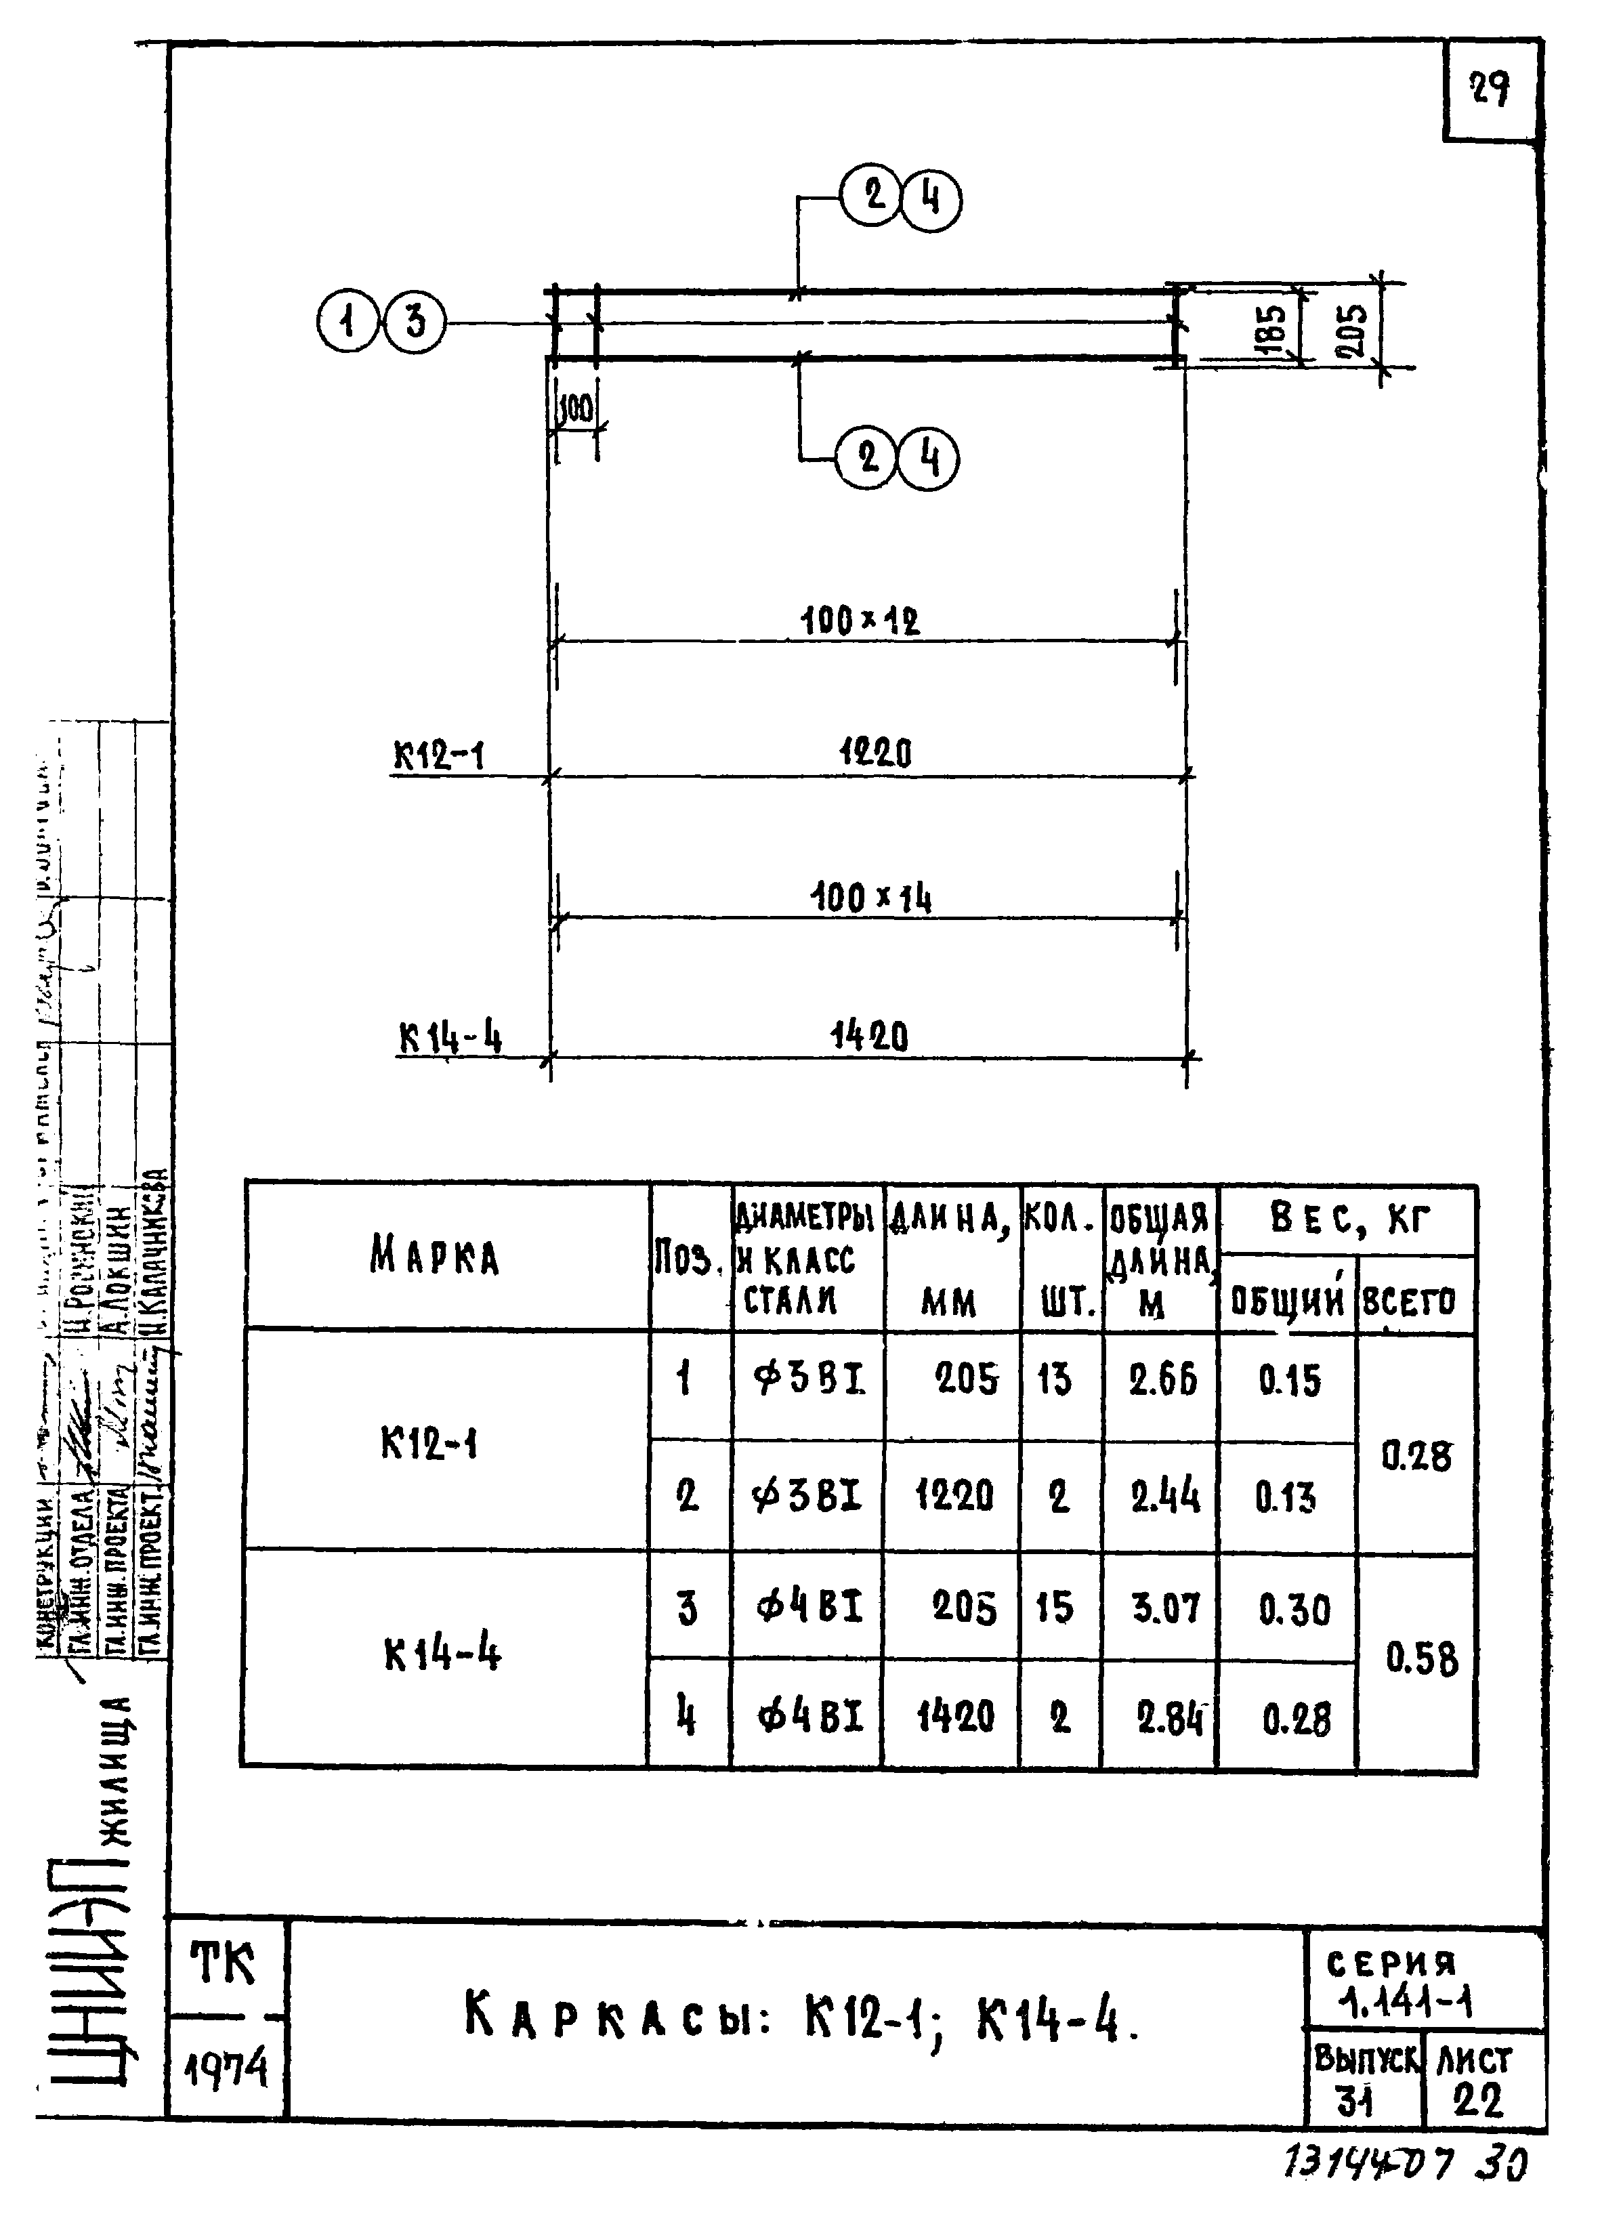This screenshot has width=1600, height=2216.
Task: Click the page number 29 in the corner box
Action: pos(1490,90)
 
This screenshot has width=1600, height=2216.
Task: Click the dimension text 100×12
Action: pos(860,619)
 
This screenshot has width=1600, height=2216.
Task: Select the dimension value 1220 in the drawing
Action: pos(875,753)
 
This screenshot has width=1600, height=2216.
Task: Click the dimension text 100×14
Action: pos(870,897)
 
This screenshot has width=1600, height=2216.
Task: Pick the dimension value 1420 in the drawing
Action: pos(869,1036)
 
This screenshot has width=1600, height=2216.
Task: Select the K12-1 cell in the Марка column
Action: pos(429,1444)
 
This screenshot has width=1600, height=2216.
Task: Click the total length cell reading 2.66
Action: pos(1162,1381)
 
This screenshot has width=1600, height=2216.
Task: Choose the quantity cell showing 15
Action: pos(1054,1607)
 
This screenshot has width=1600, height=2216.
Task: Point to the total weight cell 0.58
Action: pos(1421,1659)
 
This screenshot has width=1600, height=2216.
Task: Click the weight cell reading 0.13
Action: pos(1286,1497)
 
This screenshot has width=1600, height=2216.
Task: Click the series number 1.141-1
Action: pos(1406,2003)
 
